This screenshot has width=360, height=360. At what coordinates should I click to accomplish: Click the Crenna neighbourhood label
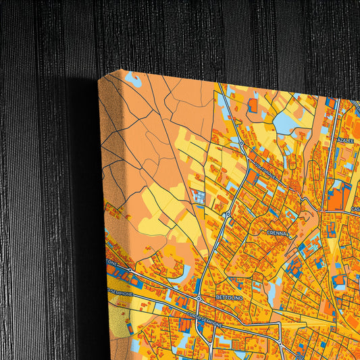[x=278, y=234]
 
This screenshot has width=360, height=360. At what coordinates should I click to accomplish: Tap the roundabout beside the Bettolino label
[x=199, y=298]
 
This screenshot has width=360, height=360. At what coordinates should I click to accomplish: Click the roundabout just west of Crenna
[x=229, y=214]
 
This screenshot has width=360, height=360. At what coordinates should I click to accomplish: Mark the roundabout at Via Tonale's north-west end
[x=241, y=143]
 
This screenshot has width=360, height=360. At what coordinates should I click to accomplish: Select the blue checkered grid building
[x=199, y=197]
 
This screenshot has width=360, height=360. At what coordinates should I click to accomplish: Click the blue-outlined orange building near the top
[x=253, y=105]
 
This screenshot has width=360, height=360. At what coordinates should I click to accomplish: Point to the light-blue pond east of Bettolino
[x=272, y=294]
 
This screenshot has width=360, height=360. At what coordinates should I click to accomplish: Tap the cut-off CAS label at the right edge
[x=355, y=210]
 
